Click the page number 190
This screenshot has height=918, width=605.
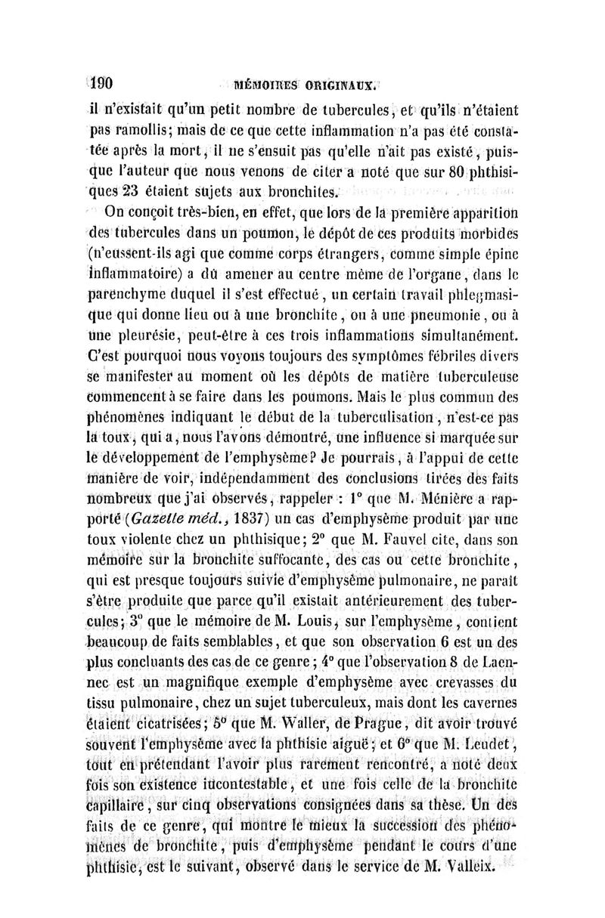pos(111,78)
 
